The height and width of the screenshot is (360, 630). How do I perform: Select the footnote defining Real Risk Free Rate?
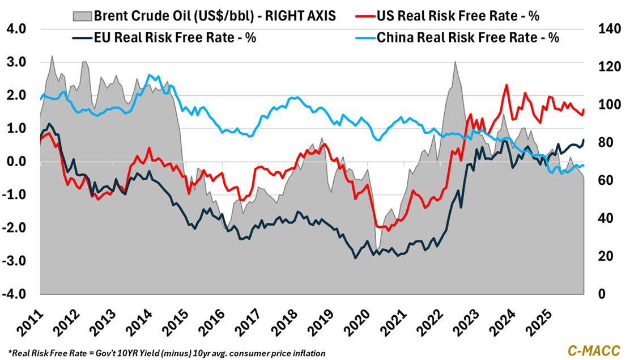pos(167,353)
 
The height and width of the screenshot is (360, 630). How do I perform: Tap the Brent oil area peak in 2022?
pos(455,62)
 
